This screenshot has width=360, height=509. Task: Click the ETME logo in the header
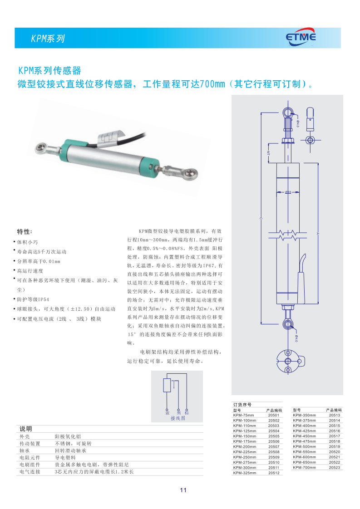click(301, 38)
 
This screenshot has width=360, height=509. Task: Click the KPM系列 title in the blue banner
click(48, 39)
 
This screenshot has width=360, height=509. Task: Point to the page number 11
click(183, 490)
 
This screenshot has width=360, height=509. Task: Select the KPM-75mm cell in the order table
click(243, 415)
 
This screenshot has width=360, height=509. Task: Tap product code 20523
click(334, 467)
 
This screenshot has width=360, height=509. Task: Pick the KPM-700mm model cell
click(304, 467)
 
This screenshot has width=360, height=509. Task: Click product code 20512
click(274, 473)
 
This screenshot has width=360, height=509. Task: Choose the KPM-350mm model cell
click(304, 415)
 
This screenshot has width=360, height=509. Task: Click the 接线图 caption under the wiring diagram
click(178, 418)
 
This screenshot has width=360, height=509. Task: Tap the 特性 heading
click(25, 231)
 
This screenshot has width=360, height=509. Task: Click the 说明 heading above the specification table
click(25, 429)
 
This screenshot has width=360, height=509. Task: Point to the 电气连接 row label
click(30, 472)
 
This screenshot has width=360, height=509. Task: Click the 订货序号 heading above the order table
click(242, 404)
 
